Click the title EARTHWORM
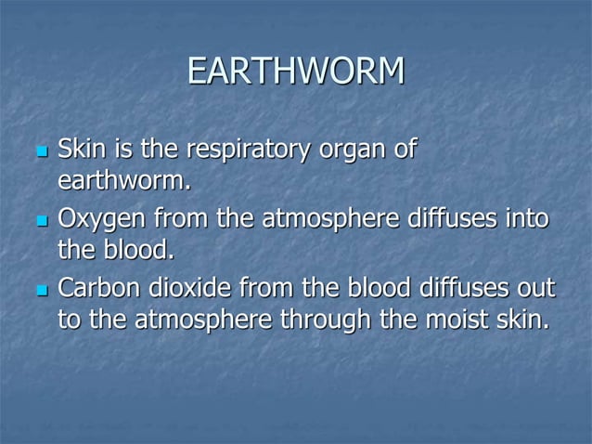(295, 72)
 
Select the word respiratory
(238, 149)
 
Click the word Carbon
(96, 288)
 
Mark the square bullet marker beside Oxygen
(40, 221)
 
